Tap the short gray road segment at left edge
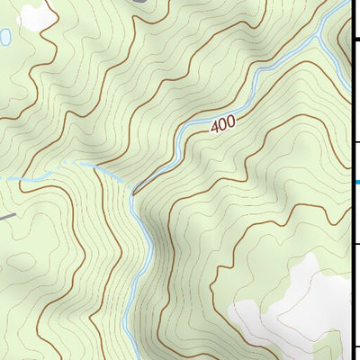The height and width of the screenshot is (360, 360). [x=6, y=216]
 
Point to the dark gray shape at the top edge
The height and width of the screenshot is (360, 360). [x=139, y=3]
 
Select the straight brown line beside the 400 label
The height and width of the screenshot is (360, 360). [x=155, y=173]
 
